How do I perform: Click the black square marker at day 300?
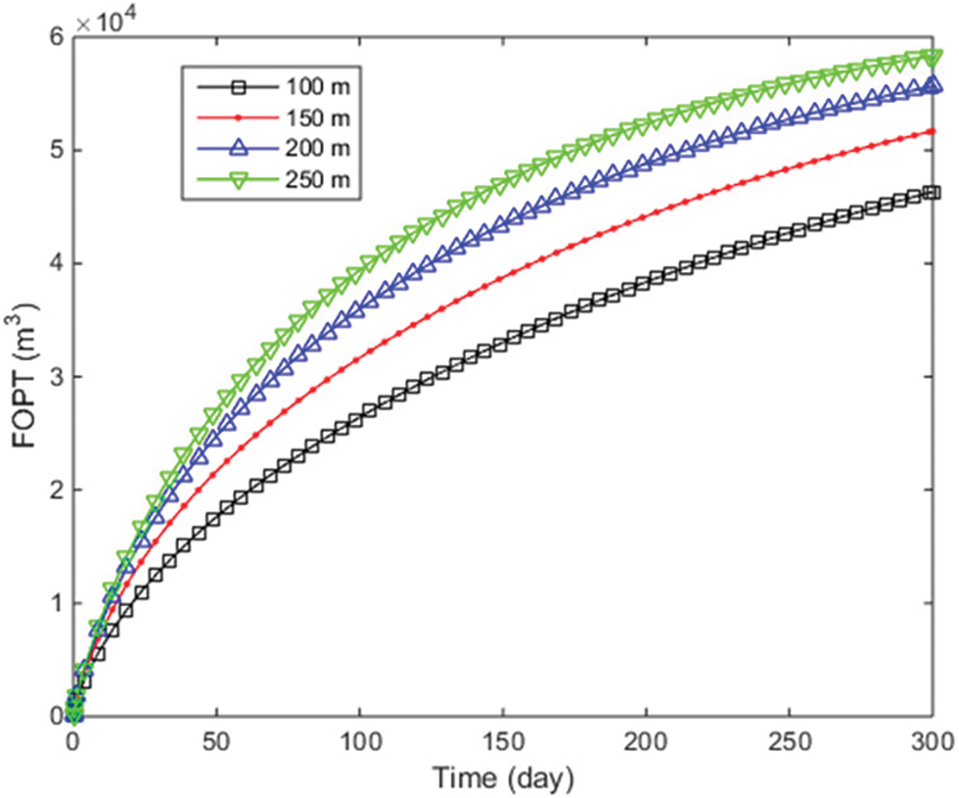tap(933, 193)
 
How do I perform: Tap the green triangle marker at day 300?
tap(933, 57)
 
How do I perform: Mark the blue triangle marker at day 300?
tap(933, 86)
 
